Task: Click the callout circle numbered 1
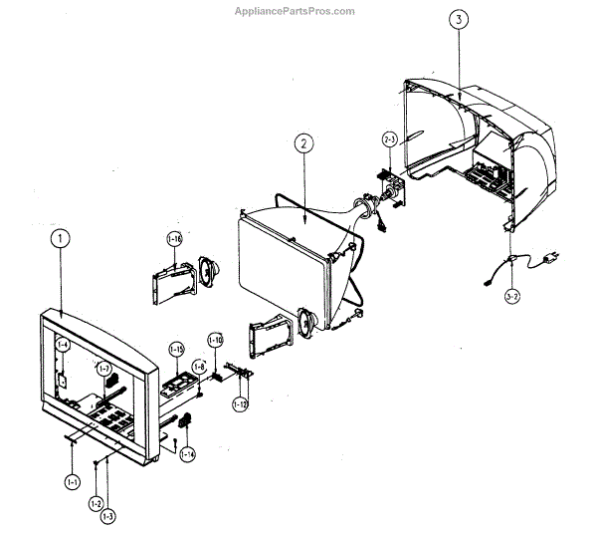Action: point(61,239)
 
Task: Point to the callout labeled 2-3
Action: point(391,140)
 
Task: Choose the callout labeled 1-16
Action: point(175,239)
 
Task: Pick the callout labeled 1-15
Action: point(176,349)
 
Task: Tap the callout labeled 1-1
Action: point(73,481)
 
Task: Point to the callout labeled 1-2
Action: point(96,503)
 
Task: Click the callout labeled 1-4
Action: point(62,345)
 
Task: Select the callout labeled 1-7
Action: point(103,369)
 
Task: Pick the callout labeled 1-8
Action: point(200,367)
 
